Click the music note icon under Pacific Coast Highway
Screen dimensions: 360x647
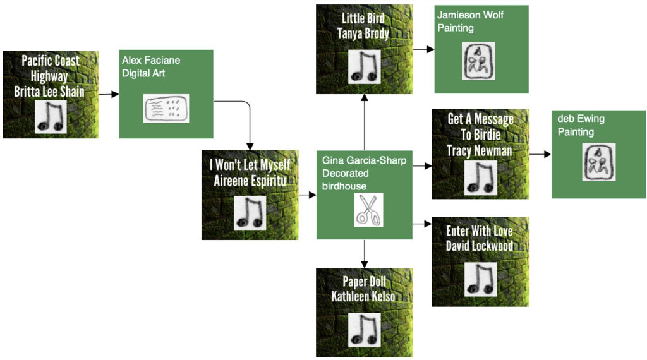click(x=51, y=117)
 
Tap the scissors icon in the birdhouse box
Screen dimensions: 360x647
click(x=368, y=210)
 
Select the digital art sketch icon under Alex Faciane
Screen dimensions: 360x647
click(x=166, y=109)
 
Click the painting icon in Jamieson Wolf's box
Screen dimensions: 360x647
click(x=478, y=61)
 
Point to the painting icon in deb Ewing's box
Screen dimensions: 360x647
click(x=598, y=162)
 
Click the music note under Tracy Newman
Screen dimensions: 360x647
click(x=481, y=177)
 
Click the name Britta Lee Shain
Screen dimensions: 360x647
click(x=49, y=92)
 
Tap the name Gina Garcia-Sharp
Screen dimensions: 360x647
click(x=364, y=160)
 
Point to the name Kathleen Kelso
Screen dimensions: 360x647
click(x=363, y=296)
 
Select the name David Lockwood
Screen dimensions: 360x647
click(x=480, y=246)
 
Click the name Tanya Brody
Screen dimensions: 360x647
click(x=363, y=33)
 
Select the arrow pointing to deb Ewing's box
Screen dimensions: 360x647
click(x=540, y=153)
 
